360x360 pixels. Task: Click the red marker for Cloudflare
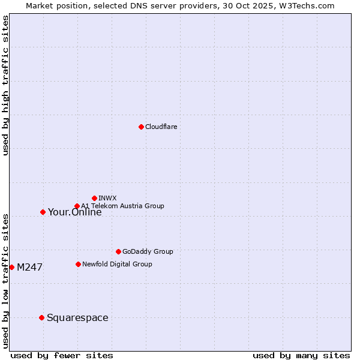[141, 127]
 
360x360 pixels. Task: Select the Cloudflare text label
[161, 127]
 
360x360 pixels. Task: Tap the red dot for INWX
[94, 198]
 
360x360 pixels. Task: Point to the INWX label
[107, 198]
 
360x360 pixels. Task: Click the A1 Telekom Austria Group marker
[77, 206]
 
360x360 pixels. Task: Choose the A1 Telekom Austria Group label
[122, 206]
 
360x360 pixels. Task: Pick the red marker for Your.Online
[43, 212]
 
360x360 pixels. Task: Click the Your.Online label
[74, 212]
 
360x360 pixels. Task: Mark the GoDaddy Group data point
[118, 251]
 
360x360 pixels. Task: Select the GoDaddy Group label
[148, 252]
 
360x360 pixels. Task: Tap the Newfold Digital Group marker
[78, 264]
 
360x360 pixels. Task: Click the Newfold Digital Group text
[117, 264]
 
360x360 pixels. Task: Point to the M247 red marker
[11, 267]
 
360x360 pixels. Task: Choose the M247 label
[29, 268]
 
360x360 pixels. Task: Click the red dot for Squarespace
[41, 317]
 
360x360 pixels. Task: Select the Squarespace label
[77, 318]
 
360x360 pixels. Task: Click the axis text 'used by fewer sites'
[62, 355]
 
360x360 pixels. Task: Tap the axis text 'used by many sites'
[301, 355]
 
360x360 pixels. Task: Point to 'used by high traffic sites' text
[6, 85]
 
